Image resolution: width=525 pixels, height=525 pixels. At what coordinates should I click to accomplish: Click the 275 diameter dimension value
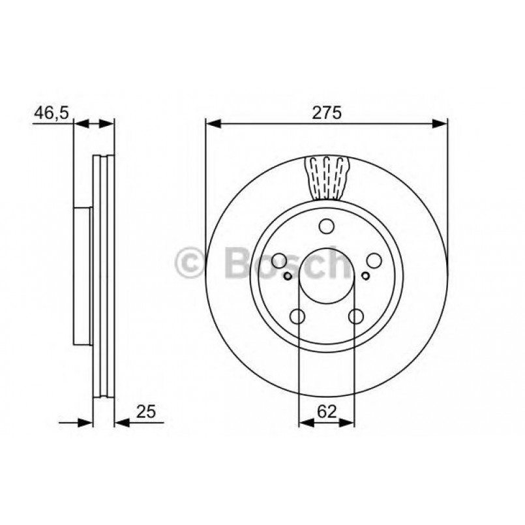coord(327,112)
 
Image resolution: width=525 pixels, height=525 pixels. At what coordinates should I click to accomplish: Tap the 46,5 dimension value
coord(50,112)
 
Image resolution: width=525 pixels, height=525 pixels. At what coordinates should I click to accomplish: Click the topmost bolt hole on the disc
coord(326,226)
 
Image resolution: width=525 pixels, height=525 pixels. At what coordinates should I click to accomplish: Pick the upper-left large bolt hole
coord(279,260)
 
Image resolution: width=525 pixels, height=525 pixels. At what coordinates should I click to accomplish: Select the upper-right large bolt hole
coord(374,260)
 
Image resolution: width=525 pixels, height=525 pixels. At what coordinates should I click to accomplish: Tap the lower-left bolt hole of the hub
coord(297,316)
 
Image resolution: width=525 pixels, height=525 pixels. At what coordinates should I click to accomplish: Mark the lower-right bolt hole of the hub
coord(355,316)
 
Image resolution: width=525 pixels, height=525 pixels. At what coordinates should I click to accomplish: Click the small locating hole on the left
coord(288,276)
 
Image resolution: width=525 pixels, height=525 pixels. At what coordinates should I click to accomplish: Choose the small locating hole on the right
coord(365,276)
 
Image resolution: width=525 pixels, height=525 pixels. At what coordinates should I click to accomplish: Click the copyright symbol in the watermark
coord(190,263)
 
